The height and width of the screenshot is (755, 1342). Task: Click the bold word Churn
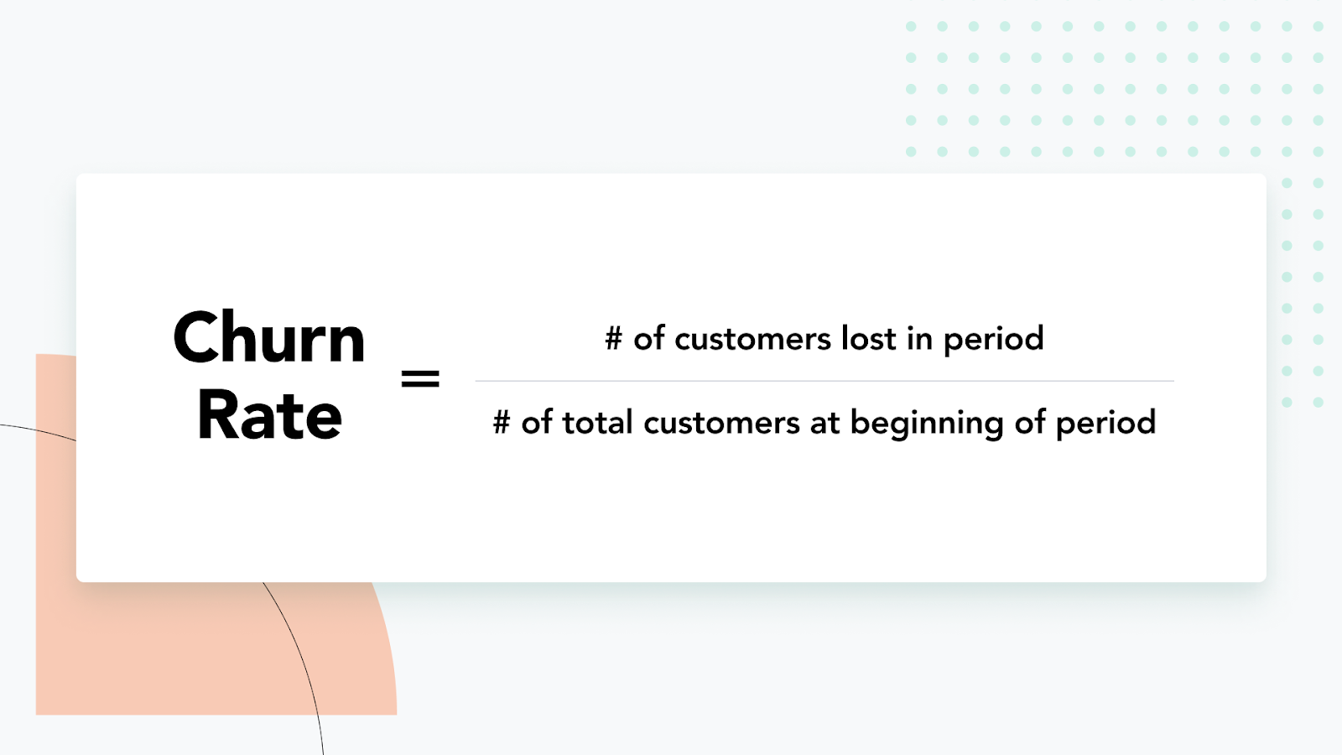tap(269, 337)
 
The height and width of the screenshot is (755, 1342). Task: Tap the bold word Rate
tap(269, 414)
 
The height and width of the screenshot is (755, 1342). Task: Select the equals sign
tap(420, 378)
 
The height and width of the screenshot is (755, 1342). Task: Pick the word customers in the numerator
tap(752, 340)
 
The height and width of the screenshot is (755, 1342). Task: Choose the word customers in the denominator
tap(721, 423)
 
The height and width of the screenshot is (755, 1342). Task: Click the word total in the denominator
tap(597, 422)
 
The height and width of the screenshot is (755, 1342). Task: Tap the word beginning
tap(927, 424)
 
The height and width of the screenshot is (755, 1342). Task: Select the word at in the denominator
tap(825, 424)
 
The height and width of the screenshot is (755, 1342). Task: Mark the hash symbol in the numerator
tap(613, 339)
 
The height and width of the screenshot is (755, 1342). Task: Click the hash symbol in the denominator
tap(502, 423)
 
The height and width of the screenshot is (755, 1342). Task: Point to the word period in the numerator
tap(993, 341)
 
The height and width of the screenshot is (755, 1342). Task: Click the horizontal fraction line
tap(824, 381)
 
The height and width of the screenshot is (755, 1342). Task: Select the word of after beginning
tap(1029, 422)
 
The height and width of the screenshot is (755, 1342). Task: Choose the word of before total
tap(536, 422)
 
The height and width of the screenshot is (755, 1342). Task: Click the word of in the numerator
tap(649, 339)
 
